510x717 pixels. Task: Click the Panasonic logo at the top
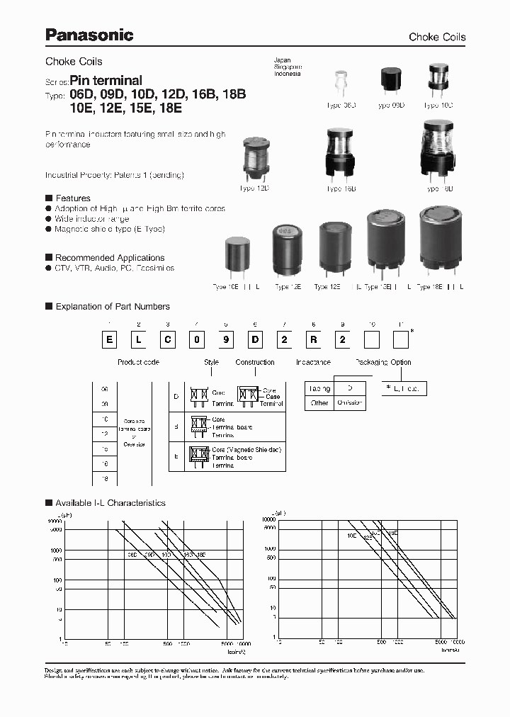point(89,35)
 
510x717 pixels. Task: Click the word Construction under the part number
point(255,362)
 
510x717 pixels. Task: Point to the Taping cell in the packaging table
point(320,389)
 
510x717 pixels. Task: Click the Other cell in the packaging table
point(320,402)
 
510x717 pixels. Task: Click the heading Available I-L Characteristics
point(110,503)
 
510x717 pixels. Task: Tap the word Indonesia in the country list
point(288,74)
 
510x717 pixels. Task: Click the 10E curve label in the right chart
point(351,536)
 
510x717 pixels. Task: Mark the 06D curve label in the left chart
point(132,555)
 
